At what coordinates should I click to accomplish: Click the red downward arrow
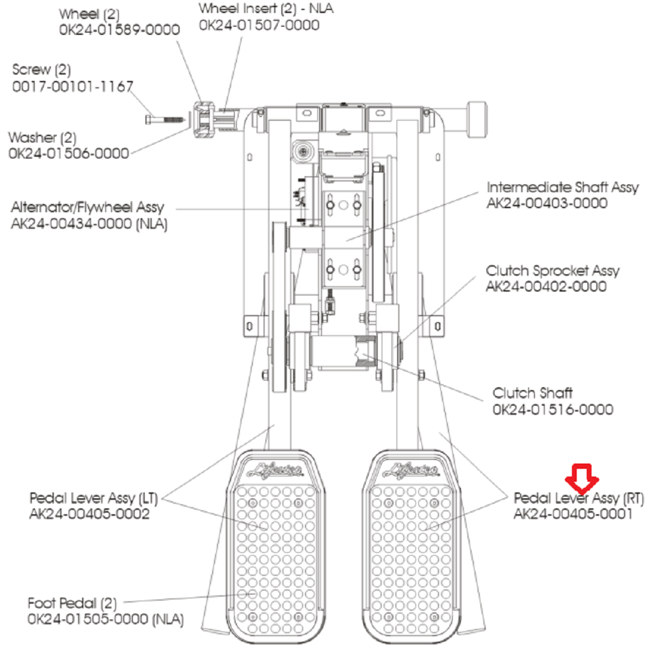[582, 478]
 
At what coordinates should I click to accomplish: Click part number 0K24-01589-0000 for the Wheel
[119, 30]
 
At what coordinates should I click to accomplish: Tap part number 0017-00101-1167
[73, 86]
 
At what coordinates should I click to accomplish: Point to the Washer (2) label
[42, 138]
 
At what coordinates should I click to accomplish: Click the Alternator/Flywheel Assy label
[87, 208]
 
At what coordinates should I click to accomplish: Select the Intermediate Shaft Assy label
[562, 187]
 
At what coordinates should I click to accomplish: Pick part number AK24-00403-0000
[547, 203]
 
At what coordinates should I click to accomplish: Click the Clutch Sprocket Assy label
[552, 271]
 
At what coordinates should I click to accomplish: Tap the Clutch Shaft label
[532, 393]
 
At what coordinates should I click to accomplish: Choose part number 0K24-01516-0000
[552, 409]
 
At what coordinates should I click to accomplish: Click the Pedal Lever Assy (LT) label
[93, 498]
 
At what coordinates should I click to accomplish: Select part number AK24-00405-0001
[573, 514]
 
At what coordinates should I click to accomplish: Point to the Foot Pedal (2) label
[72, 604]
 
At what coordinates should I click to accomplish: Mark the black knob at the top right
[475, 119]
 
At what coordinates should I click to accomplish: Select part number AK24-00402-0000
[546, 287]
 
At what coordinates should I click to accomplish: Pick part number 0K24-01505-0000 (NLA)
[105, 620]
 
